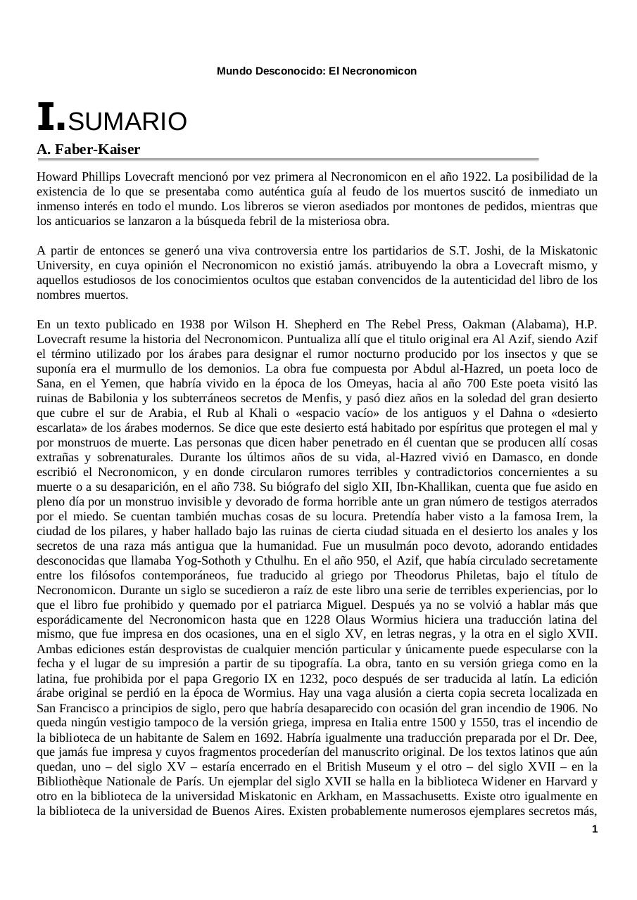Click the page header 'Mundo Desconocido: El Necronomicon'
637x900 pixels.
(317, 71)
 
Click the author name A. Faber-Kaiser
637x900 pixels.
(88, 149)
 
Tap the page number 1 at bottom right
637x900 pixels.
(595, 830)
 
